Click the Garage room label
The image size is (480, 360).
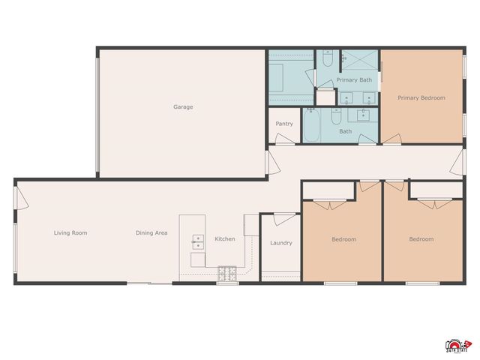click(x=183, y=107)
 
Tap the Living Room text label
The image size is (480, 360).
click(x=70, y=233)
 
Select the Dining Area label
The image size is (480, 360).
click(x=151, y=233)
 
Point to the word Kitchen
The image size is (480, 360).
click(x=225, y=239)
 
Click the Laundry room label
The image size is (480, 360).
click(x=281, y=243)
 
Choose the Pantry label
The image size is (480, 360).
click(x=284, y=124)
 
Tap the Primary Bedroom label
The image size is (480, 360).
click(x=421, y=97)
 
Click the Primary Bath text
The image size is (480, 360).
click(x=354, y=80)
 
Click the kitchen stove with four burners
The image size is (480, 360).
click(x=227, y=274)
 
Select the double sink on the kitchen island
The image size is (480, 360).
click(x=199, y=241)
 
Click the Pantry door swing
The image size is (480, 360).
click(x=283, y=139)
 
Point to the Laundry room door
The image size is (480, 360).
click(x=284, y=218)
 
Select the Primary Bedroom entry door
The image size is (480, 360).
click(x=391, y=139)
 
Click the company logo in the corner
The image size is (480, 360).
click(x=457, y=343)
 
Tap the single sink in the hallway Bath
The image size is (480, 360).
click(x=364, y=114)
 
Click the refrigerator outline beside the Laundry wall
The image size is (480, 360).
click(x=250, y=224)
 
